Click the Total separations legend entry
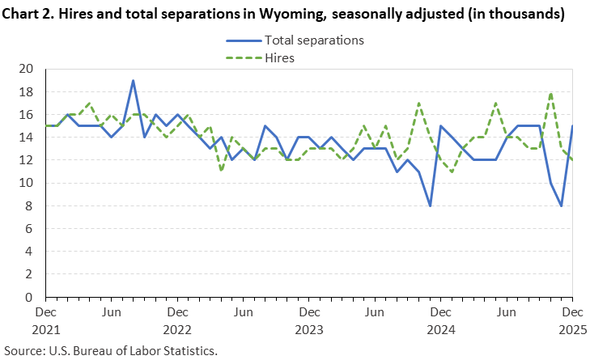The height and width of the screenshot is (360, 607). pos(314,40)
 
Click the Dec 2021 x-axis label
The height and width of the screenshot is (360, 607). pos(45,320)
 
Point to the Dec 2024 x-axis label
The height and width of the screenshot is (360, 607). pos(440,320)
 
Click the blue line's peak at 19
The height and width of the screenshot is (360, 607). pos(133,81)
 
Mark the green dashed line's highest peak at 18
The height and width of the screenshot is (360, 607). pos(550,92)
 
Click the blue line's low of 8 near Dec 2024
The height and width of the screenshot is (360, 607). pos(430,205)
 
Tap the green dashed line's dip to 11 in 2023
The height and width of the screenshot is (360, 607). pos(221,172)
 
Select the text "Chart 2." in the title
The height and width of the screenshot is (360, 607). pos(30,14)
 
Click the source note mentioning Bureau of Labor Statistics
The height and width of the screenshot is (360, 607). pos(111,350)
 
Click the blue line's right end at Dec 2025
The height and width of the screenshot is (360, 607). pos(572,126)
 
